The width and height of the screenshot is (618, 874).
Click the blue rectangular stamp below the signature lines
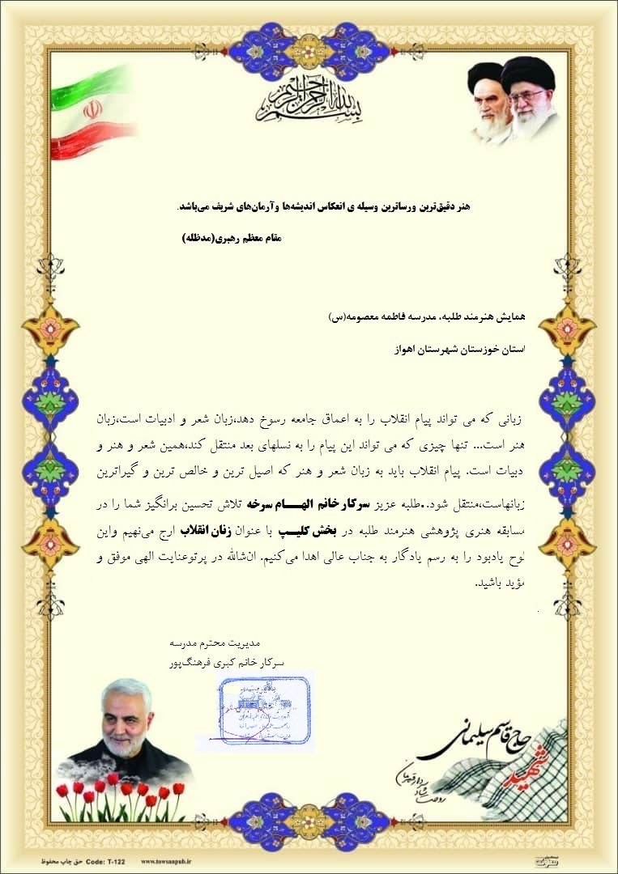265,710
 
